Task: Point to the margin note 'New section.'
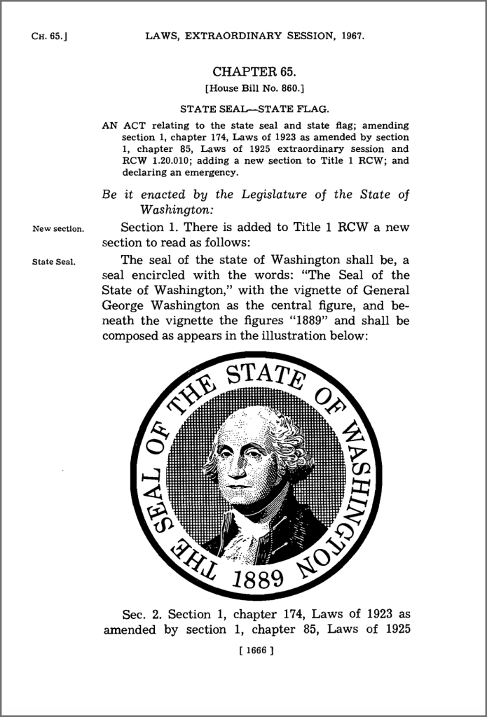(x=58, y=228)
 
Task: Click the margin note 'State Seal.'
(x=54, y=263)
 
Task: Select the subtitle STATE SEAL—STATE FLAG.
(x=255, y=109)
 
